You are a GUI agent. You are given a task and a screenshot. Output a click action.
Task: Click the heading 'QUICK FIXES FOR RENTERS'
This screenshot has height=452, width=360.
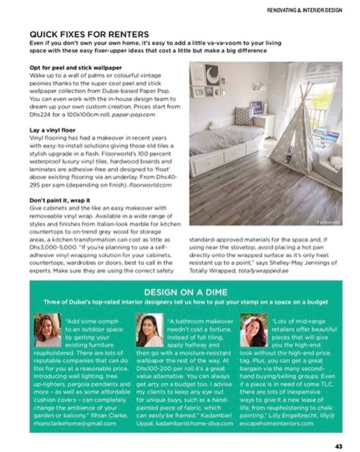(x=89, y=35)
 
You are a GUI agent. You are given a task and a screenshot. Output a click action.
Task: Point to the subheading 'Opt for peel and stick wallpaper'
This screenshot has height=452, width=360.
(x=76, y=68)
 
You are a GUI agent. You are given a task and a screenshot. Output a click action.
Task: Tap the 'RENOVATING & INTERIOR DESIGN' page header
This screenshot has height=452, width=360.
(x=304, y=10)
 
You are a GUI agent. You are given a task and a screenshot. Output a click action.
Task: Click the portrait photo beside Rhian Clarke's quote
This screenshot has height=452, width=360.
(x=48, y=330)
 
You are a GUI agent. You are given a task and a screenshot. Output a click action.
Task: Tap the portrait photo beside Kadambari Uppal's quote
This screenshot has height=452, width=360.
(x=149, y=330)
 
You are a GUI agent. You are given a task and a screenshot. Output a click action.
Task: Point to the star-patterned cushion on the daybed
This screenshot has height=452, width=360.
(x=243, y=116)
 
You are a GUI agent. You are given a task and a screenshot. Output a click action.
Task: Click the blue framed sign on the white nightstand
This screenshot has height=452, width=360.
(x=256, y=107)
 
